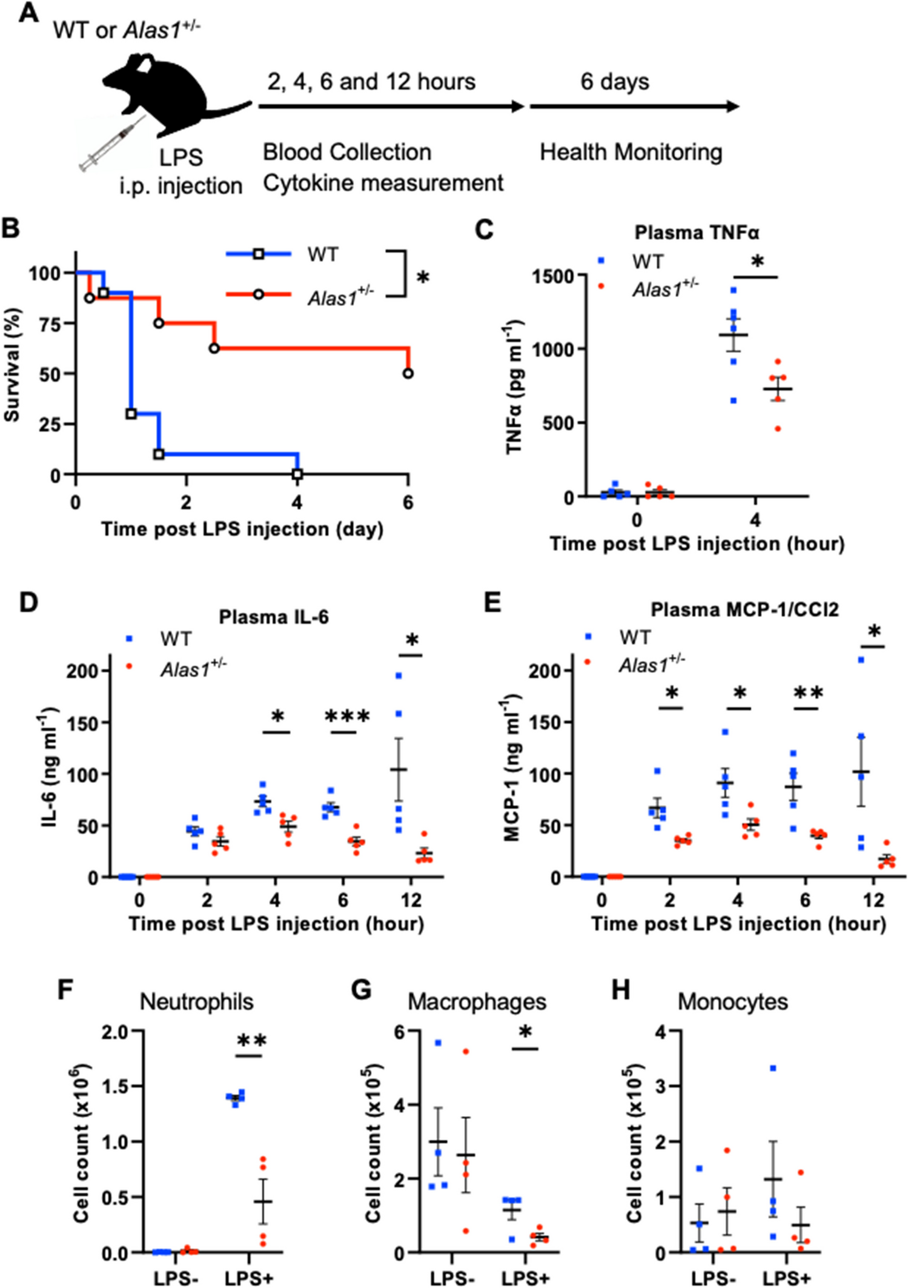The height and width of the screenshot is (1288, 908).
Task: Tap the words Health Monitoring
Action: click(631, 152)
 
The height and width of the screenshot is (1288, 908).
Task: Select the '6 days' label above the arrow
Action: click(614, 81)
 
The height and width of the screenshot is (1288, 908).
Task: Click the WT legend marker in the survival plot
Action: click(259, 254)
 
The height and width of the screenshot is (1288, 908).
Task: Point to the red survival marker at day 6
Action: click(408, 373)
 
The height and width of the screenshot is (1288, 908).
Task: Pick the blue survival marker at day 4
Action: click(297, 474)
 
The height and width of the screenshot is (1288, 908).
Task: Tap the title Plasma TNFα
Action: click(696, 233)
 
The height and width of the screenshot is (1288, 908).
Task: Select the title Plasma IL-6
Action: click(274, 617)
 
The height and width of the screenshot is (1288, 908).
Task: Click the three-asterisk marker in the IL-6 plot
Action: click(347, 717)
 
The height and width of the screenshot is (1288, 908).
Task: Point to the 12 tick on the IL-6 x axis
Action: click(411, 900)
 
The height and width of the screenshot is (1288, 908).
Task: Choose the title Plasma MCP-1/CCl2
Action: click(744, 609)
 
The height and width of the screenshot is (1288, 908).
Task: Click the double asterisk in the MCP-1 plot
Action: click(807, 692)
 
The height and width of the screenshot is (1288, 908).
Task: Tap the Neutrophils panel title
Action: click(196, 1002)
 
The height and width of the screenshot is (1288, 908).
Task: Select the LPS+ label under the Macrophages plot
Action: click(525, 1278)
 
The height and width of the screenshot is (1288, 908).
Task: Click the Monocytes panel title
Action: click(732, 1002)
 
